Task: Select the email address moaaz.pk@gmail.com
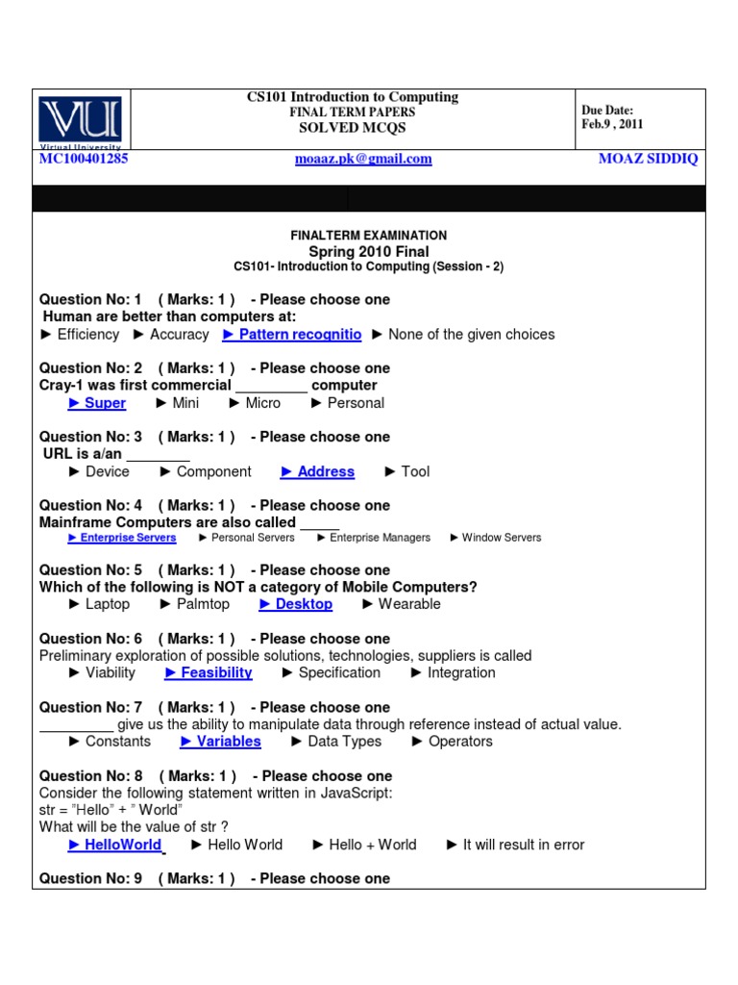tap(362, 159)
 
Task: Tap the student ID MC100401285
tap(84, 159)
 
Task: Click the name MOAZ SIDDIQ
tap(648, 159)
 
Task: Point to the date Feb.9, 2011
tap(612, 124)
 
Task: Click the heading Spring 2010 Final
tap(369, 252)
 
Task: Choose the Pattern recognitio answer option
tap(292, 335)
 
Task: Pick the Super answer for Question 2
tap(98, 403)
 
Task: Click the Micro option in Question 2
tap(255, 403)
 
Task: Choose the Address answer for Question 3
tap(318, 471)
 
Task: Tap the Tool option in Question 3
tap(407, 471)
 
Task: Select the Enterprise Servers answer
tap(122, 538)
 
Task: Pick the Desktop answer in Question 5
tap(296, 604)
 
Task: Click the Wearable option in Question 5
tap(402, 604)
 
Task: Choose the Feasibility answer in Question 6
tap(209, 672)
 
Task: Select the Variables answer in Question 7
tap(221, 741)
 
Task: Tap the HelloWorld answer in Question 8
tap(115, 845)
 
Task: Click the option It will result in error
tap(516, 845)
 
